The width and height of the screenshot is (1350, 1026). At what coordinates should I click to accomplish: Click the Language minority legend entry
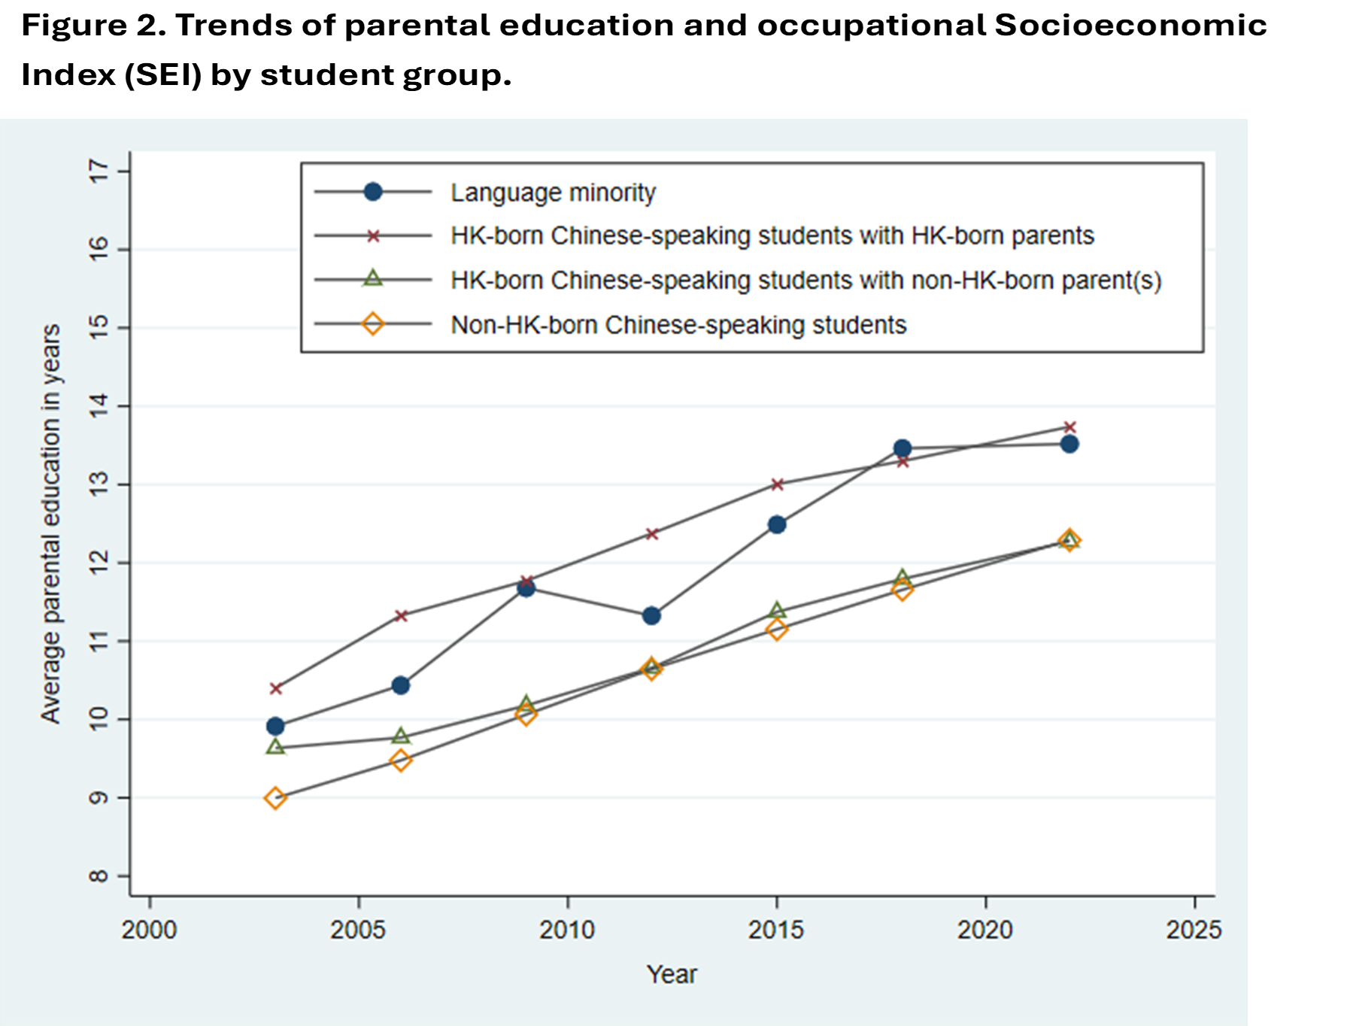(x=553, y=193)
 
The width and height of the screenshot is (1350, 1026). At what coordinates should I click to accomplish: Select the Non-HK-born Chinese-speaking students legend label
(x=678, y=325)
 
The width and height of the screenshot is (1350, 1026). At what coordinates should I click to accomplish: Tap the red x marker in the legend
(x=373, y=236)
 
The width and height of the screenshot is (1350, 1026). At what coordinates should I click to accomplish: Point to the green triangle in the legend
(x=373, y=279)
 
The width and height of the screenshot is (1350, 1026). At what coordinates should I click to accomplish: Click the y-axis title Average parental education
(x=51, y=524)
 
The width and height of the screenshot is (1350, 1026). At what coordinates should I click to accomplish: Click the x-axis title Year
(x=672, y=974)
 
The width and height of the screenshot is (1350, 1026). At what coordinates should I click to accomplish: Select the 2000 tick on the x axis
(x=150, y=930)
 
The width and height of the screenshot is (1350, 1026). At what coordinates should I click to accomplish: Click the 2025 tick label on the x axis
(x=1194, y=930)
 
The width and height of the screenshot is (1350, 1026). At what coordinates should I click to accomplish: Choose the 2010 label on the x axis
(x=567, y=930)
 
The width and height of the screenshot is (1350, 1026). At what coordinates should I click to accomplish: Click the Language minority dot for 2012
(x=652, y=616)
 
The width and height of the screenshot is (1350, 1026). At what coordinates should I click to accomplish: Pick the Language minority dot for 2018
(x=903, y=448)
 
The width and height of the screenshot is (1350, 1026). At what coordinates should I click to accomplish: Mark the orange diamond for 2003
(x=275, y=798)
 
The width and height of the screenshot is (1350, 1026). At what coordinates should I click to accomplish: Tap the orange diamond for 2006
(x=401, y=760)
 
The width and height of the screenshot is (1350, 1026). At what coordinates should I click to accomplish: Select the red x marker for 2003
(x=275, y=688)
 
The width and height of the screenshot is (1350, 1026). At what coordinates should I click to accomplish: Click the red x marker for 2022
(x=1069, y=427)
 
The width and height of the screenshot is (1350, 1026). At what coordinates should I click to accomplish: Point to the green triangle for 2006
(x=401, y=736)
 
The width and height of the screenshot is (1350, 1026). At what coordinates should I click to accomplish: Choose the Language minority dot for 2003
(x=275, y=726)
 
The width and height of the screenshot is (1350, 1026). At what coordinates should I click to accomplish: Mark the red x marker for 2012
(x=652, y=534)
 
